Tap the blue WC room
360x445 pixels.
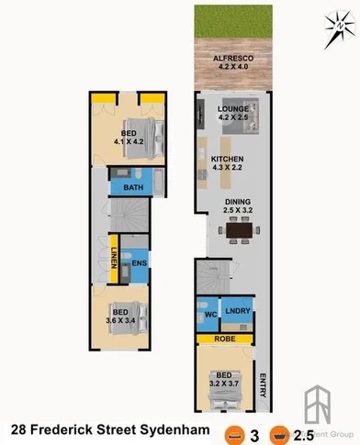click(x=208, y=315)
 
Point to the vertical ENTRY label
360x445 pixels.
click(x=264, y=386)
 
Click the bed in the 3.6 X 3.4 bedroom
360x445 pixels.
click(x=118, y=317)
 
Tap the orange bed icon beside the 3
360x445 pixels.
click(x=236, y=430)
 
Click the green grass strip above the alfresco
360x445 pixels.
click(x=234, y=24)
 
